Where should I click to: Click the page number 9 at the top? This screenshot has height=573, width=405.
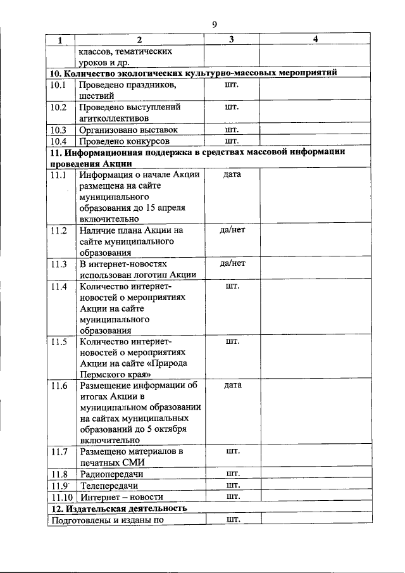215,24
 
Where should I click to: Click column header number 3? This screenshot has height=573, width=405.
232,39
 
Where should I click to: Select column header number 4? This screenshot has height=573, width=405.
315,39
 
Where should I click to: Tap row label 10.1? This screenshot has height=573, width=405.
59,85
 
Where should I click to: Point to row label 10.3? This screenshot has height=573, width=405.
59,130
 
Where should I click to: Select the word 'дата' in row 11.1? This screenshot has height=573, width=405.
232,174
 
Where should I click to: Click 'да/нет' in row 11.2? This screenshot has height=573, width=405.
232,230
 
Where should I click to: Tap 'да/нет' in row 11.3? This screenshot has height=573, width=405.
232,263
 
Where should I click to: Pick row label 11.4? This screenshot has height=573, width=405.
59,286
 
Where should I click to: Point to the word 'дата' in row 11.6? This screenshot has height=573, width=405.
232,386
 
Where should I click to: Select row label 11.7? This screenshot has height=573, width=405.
59,452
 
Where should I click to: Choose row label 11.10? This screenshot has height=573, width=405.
61,497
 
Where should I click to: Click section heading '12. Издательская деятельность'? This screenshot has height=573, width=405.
118,508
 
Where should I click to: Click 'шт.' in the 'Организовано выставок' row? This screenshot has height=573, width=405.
232,129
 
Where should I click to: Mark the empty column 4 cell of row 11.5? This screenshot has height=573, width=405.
315,358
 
